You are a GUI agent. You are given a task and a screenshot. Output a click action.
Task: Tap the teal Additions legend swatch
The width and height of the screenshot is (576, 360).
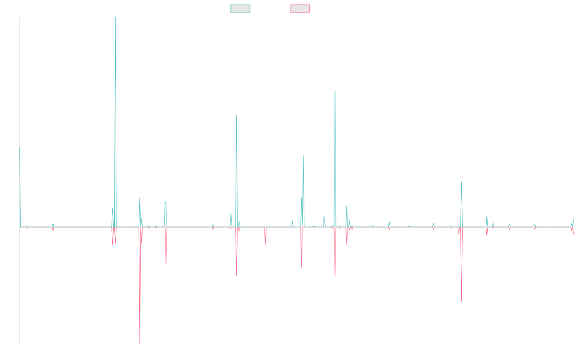tap(240, 9)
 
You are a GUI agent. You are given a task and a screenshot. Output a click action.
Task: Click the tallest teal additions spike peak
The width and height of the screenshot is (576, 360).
tap(115, 18)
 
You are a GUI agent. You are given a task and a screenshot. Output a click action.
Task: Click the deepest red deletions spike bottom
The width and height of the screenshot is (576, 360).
tap(140, 343)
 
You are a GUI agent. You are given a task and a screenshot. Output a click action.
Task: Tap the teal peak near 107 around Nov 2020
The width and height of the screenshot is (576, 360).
tap(335, 90)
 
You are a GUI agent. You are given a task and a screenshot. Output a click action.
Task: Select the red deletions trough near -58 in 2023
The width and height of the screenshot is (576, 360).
tap(461, 301)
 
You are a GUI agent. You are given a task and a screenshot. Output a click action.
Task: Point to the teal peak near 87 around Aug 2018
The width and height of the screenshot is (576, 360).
tap(237, 115)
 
